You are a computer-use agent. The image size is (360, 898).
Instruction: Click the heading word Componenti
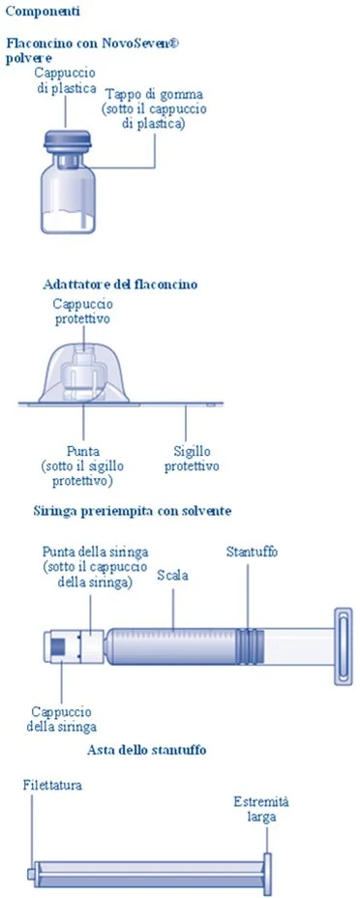coord(43,11)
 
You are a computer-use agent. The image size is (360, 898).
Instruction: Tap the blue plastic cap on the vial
coord(68,138)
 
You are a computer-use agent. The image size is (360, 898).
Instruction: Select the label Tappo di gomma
coord(155,93)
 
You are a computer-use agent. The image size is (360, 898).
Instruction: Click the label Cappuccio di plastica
coord(65,80)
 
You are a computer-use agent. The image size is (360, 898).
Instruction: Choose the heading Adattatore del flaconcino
coord(120,284)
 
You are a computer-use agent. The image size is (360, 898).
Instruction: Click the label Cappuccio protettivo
coord(83,311)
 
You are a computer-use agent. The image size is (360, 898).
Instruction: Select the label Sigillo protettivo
coord(192,458)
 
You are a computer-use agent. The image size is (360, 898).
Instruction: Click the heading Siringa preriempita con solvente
coord(133,511)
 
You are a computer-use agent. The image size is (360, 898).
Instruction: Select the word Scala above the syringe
coord(172,576)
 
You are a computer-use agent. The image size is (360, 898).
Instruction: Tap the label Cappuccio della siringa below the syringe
coord(61,720)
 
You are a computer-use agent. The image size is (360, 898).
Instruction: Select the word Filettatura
coord(52,785)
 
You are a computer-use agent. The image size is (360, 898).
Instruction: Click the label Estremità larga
coord(261,809)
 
